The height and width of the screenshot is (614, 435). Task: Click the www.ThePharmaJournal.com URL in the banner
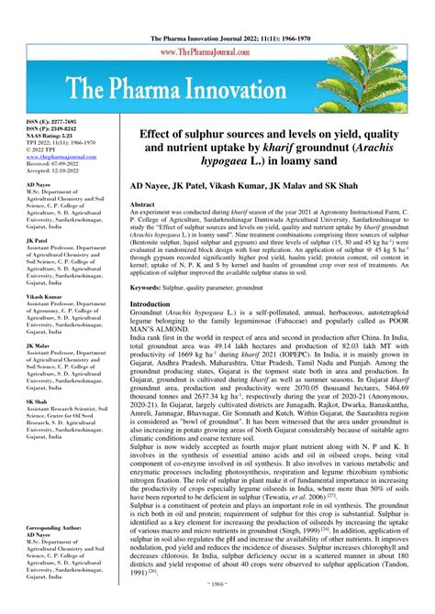[x=217, y=27]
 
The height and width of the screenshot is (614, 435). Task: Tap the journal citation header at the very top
[x=217, y=7]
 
